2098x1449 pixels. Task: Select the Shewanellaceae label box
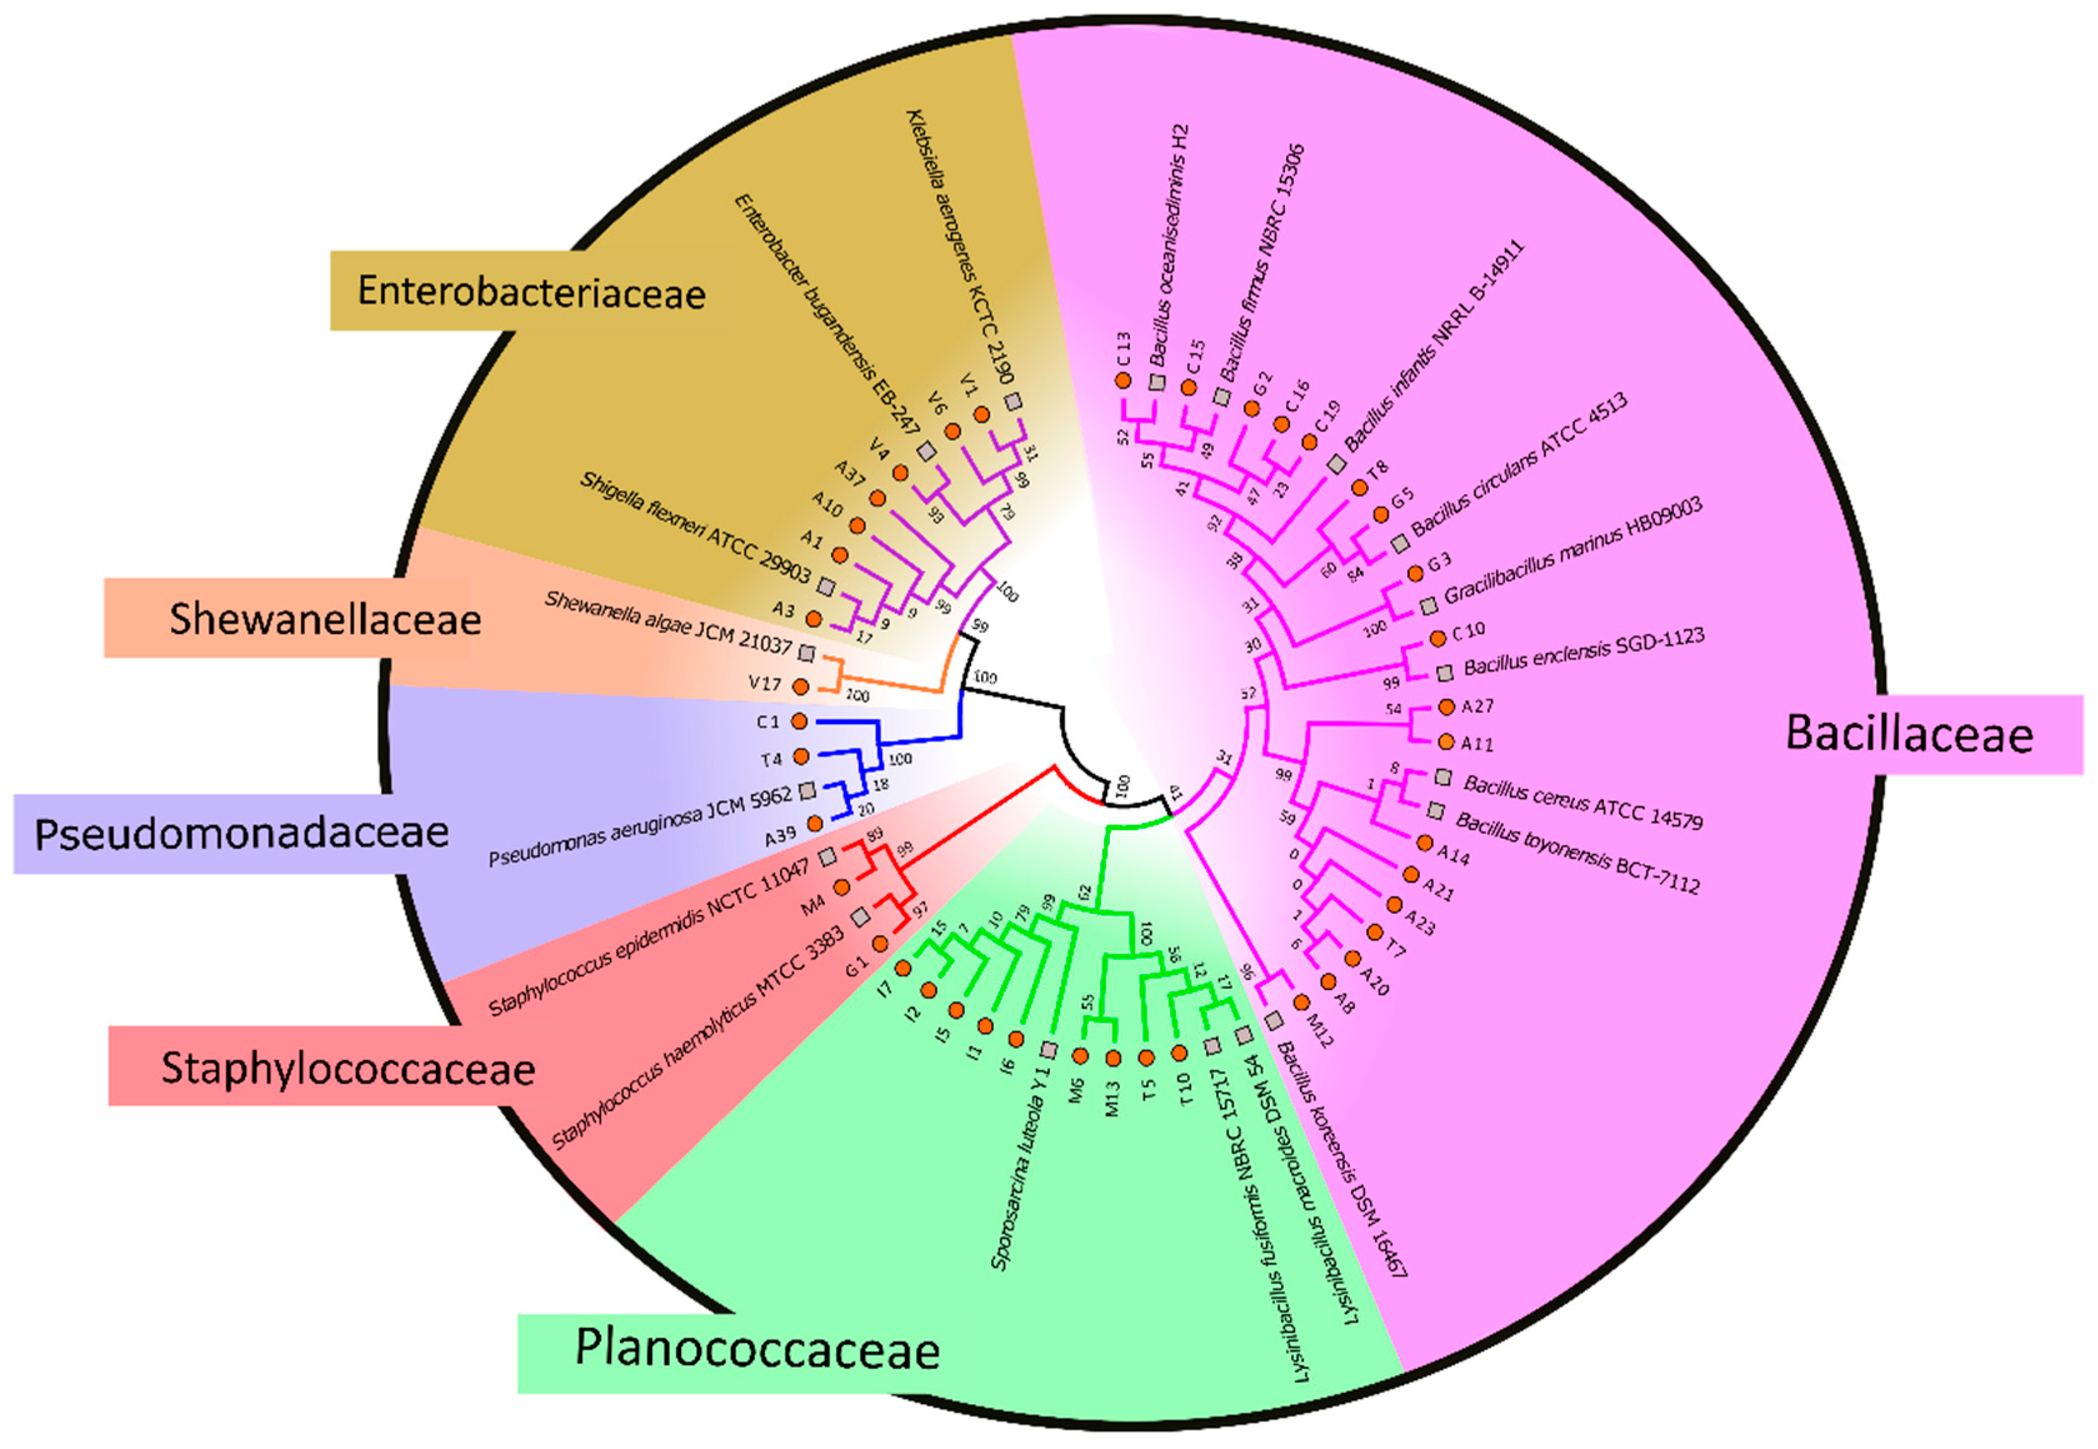324,619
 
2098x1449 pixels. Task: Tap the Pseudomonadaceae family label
241,833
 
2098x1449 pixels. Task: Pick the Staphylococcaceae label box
348,1067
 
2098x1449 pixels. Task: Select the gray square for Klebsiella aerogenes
1012,402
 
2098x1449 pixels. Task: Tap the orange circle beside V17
800,686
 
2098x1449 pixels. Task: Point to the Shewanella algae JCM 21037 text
667,624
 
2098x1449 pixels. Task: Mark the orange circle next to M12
1301,1002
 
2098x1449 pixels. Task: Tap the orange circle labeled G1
879,944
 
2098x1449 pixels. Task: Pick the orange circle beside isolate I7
903,969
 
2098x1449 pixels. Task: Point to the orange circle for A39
816,823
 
